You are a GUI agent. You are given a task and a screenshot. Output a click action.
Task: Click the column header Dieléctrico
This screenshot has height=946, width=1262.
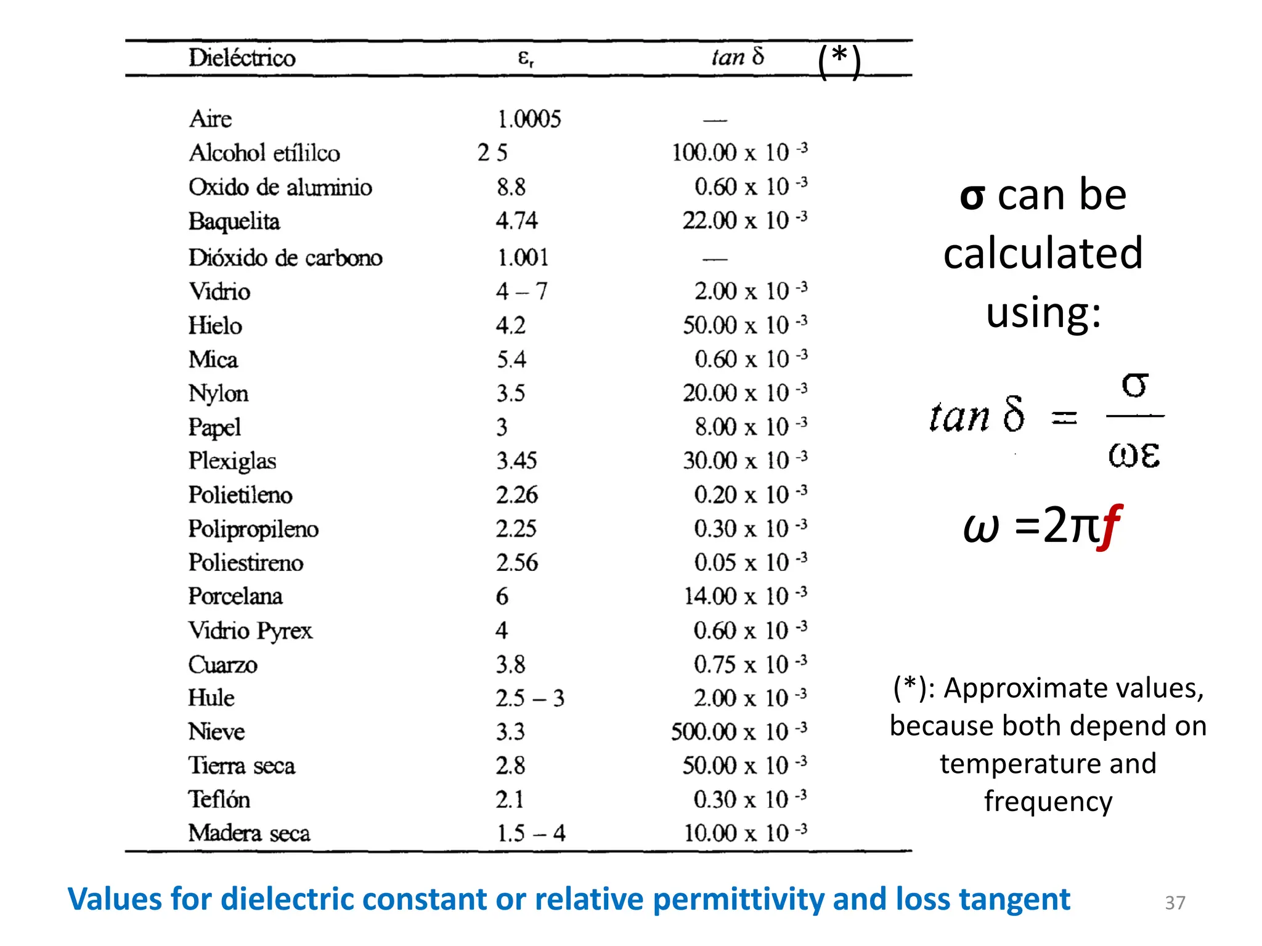(x=242, y=58)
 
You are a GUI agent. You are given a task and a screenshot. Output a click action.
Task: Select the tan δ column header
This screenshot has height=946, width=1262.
(x=738, y=57)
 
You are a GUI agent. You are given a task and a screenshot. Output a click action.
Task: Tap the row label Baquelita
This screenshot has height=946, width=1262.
(x=234, y=221)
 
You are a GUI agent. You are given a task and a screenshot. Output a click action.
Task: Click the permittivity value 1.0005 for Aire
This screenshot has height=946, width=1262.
(x=529, y=119)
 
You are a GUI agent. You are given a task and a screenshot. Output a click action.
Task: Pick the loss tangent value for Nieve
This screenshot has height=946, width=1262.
(x=738, y=732)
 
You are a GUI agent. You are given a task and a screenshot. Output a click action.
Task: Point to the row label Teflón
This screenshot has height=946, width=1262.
(x=219, y=799)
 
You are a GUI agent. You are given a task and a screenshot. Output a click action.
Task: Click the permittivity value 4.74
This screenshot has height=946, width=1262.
(x=516, y=220)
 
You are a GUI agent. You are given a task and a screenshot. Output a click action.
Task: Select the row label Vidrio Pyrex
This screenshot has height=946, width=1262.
(x=250, y=631)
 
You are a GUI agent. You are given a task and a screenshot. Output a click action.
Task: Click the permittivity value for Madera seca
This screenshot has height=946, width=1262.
(x=531, y=833)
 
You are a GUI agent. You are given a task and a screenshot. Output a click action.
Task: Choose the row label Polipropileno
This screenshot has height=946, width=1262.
(x=253, y=529)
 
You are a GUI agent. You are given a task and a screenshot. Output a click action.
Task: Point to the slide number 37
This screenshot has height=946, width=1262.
(x=1174, y=902)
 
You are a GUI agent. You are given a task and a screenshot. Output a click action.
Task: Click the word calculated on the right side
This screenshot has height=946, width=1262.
(x=1043, y=253)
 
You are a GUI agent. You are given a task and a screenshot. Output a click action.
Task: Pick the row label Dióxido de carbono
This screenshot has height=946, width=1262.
(x=285, y=257)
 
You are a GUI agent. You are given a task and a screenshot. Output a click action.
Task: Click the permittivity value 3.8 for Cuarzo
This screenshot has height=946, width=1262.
(x=510, y=665)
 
